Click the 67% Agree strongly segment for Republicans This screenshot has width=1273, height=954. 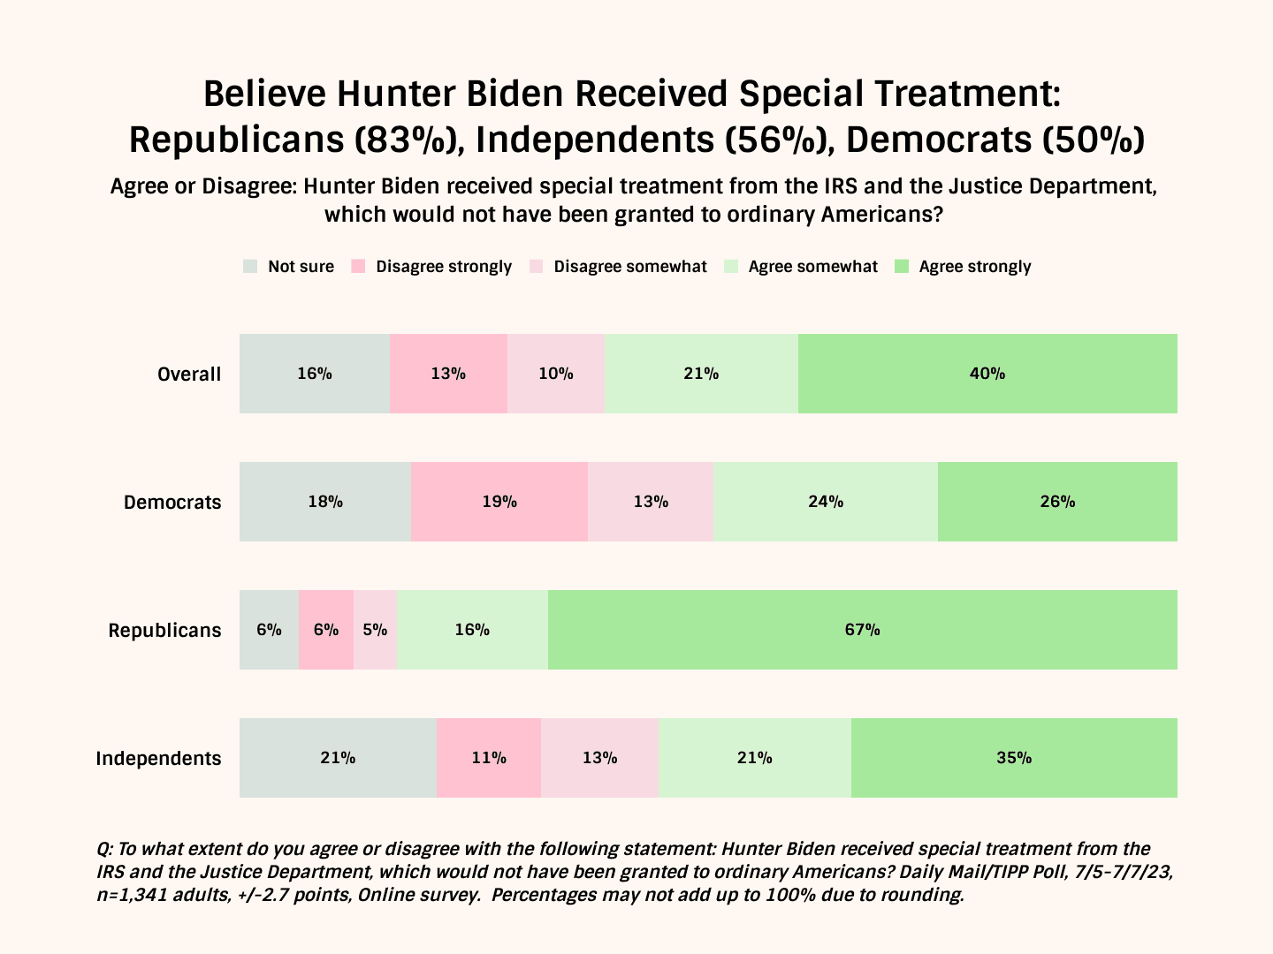tap(862, 630)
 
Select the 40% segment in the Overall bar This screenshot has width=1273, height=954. tap(987, 374)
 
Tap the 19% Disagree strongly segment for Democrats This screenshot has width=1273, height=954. tap(499, 502)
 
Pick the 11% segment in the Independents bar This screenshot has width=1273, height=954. tap(488, 758)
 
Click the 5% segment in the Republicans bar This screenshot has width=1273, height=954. tap(375, 630)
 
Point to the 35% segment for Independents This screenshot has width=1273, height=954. tap(1014, 758)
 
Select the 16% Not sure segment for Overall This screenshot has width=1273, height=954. tap(315, 374)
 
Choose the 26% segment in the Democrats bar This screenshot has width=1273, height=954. tap(1057, 502)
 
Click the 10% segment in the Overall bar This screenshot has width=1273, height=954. tap(556, 374)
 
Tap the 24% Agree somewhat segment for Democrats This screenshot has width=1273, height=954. tap(826, 502)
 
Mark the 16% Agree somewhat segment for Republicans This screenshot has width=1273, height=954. tap(472, 630)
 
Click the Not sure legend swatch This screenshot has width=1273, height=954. tap(250, 267)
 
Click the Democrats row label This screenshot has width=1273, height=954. tap(172, 503)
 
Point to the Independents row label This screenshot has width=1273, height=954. tap(158, 759)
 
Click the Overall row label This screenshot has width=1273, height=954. tap(189, 375)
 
